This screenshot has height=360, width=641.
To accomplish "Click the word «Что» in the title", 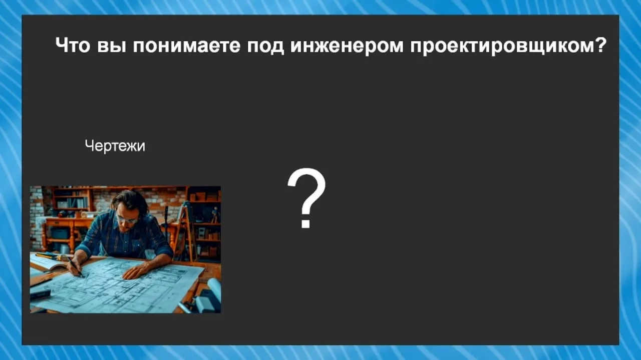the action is (x=73, y=45).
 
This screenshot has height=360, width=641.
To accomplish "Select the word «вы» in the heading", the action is (x=112, y=46).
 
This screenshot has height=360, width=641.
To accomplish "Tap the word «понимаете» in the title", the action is (x=186, y=46).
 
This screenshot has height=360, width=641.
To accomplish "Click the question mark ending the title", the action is (x=600, y=45).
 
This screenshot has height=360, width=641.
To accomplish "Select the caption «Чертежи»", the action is (x=115, y=146).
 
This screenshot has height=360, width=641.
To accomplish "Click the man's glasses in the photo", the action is (x=127, y=220).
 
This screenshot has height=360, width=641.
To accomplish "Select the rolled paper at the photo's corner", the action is (x=214, y=288).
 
